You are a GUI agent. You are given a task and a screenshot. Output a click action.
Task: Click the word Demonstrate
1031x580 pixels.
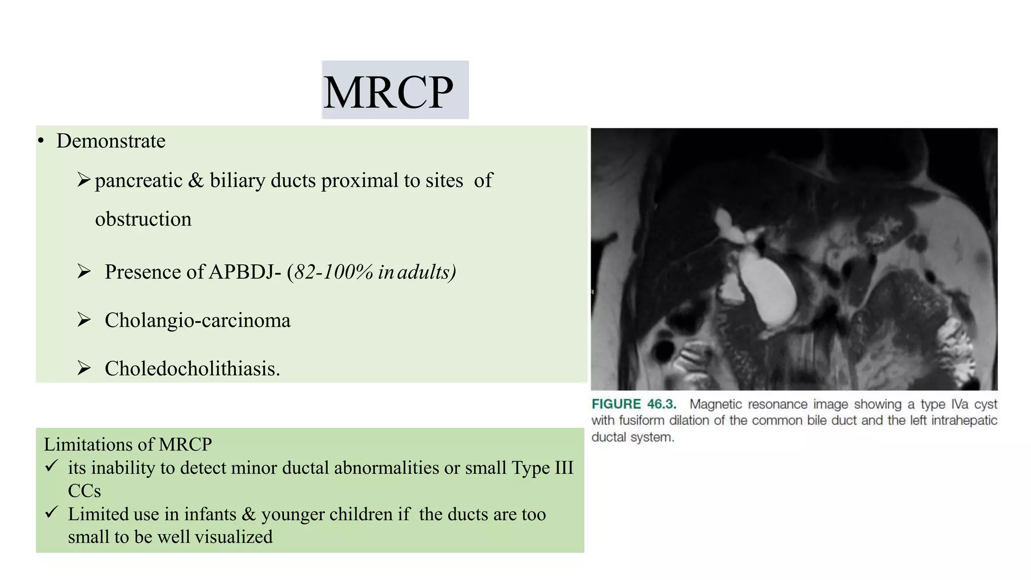point(111,141)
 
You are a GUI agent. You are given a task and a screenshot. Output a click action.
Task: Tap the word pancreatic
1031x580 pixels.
point(138,181)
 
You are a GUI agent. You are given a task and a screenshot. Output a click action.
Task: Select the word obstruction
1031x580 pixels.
point(143,220)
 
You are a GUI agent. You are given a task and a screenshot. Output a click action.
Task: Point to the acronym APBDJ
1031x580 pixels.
point(245,272)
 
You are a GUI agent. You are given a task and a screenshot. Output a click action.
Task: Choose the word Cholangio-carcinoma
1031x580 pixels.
point(197,321)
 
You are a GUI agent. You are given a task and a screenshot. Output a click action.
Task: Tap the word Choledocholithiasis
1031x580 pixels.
point(192,369)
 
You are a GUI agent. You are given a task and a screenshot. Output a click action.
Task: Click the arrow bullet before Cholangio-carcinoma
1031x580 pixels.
point(84,320)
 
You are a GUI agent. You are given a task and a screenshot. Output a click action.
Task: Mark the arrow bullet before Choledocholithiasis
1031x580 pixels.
point(84,368)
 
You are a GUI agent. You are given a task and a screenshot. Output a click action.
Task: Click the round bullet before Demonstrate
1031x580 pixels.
point(41,141)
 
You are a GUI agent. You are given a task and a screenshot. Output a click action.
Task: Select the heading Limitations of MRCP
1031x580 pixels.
point(128,445)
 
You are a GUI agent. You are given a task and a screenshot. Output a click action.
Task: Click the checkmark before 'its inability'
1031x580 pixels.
point(51,466)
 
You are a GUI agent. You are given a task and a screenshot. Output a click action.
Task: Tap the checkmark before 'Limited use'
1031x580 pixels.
point(51,513)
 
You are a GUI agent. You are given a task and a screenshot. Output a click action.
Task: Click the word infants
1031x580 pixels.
point(210,514)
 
